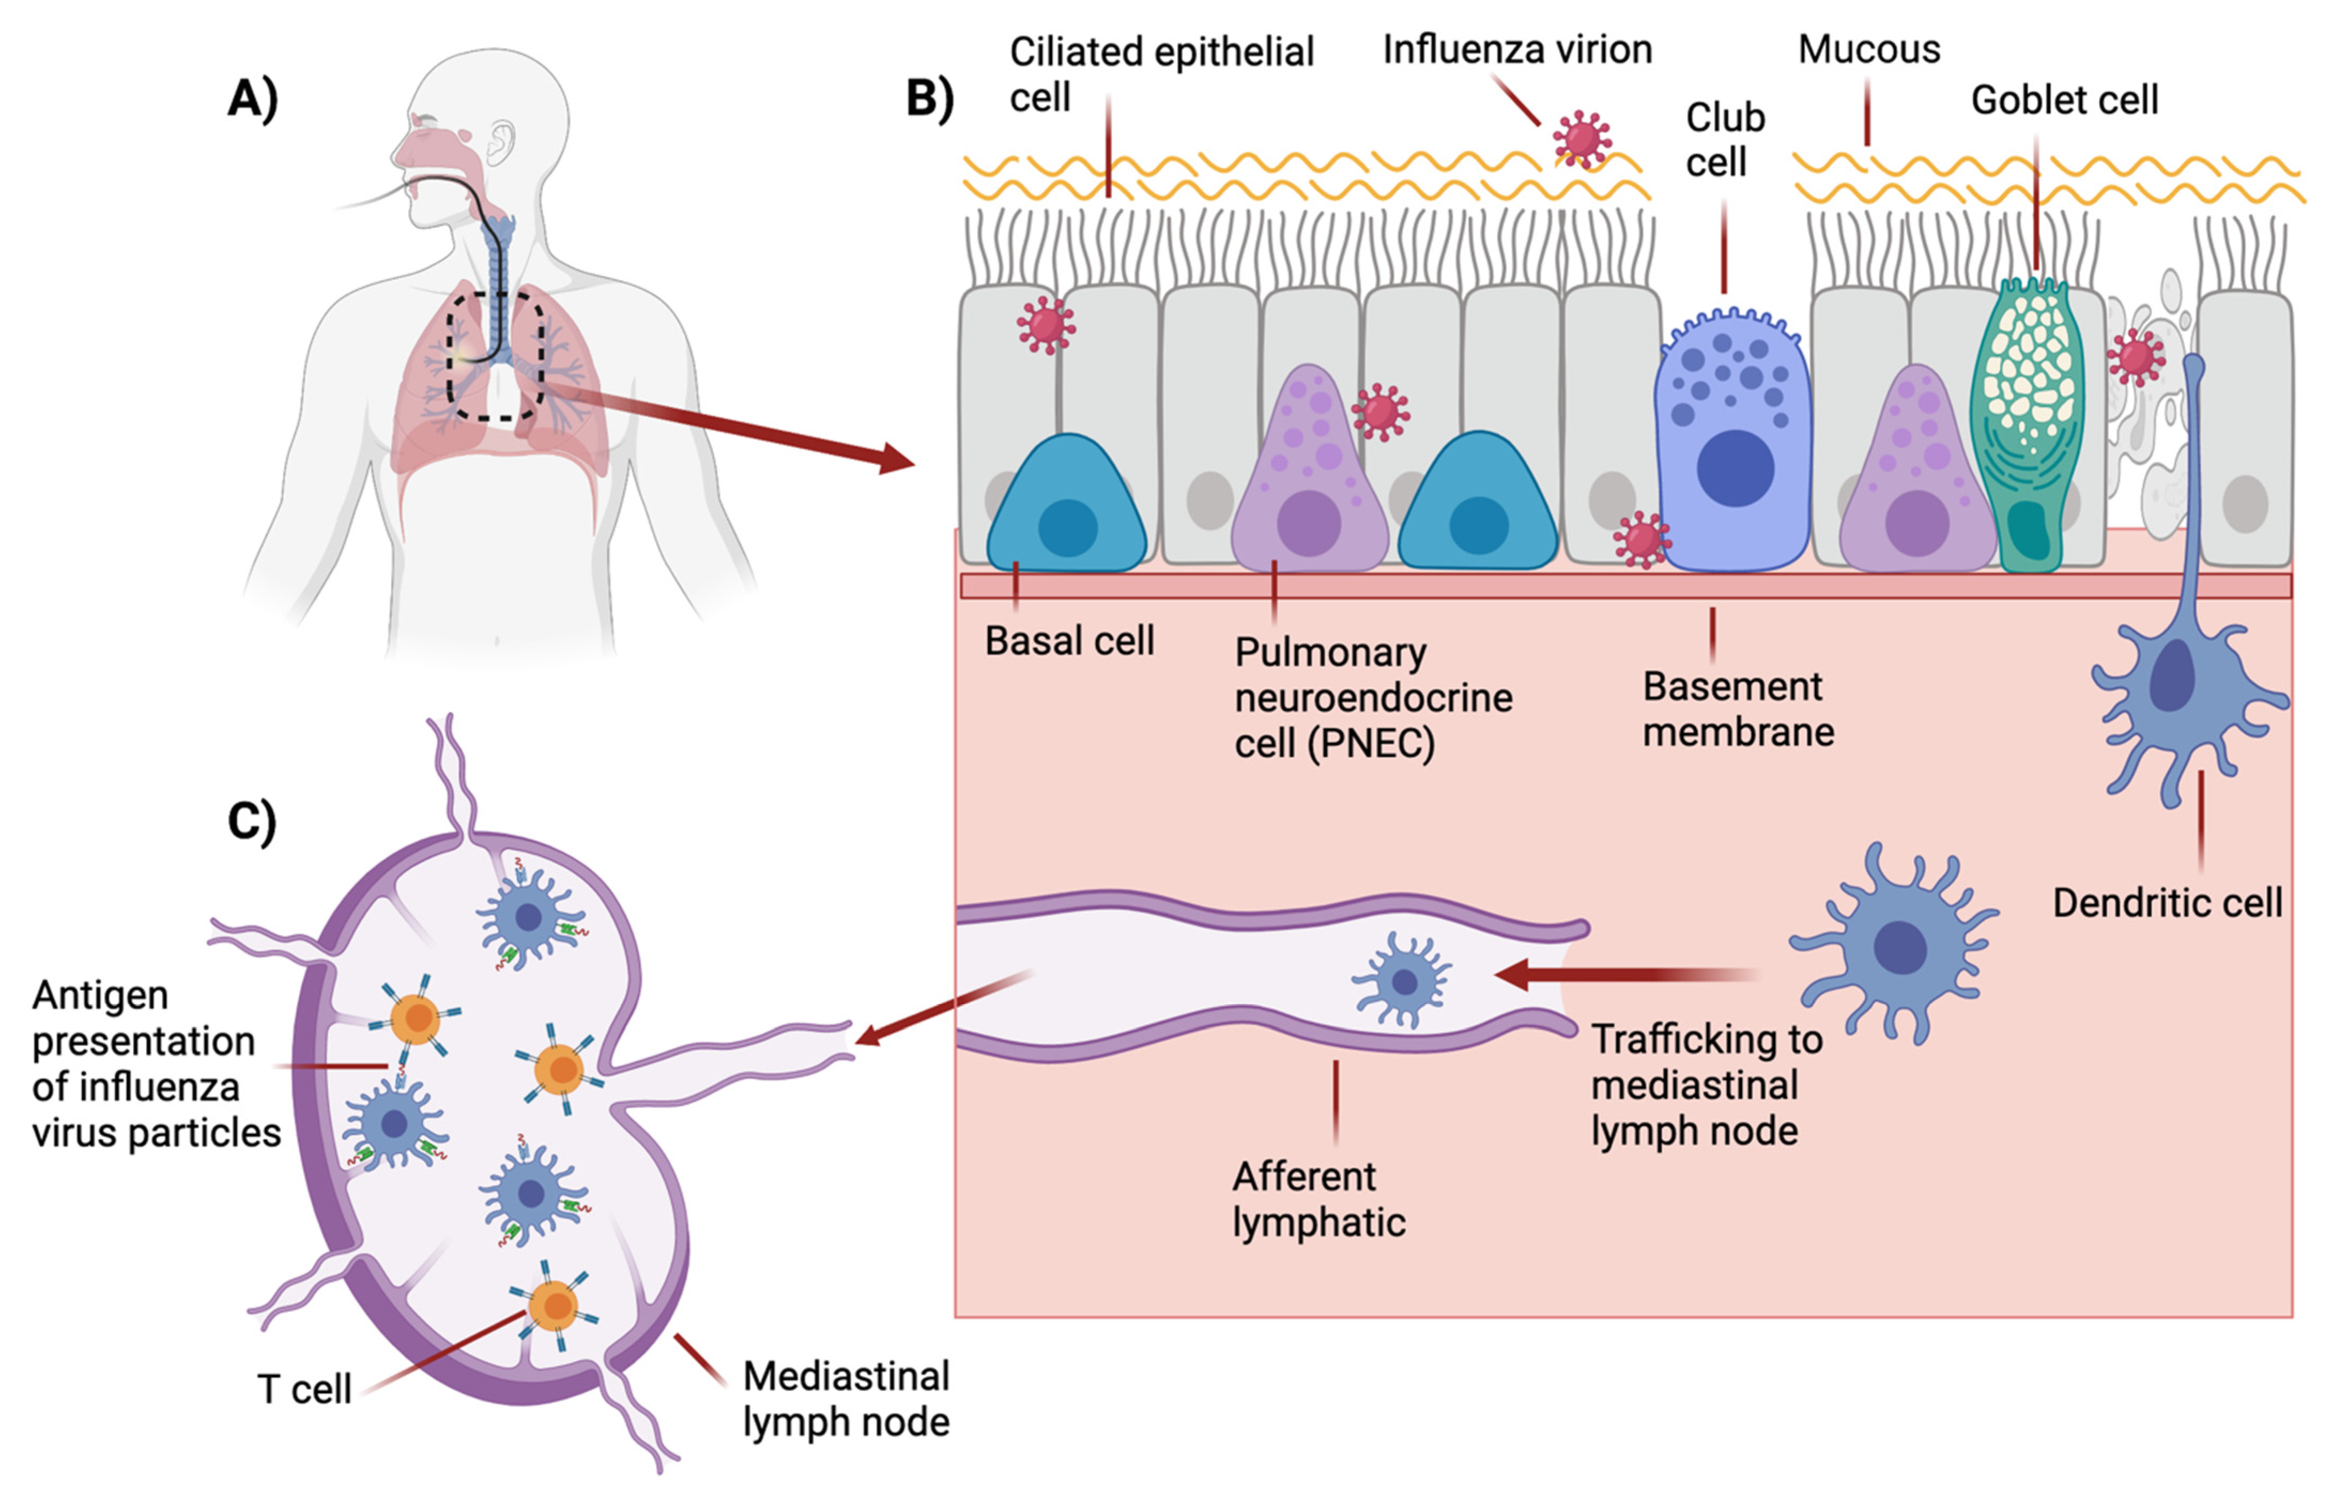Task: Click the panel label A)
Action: click(x=252, y=98)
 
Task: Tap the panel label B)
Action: click(x=929, y=98)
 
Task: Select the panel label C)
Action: click(x=252, y=820)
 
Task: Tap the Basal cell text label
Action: click(x=1069, y=641)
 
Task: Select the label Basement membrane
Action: click(x=1737, y=709)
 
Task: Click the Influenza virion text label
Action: click(x=1516, y=49)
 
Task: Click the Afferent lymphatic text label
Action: click(x=1318, y=1199)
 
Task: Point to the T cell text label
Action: click(x=304, y=1389)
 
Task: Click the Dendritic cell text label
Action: click(x=2167, y=902)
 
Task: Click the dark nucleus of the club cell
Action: click(x=1735, y=467)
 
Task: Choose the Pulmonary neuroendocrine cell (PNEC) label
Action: click(x=1372, y=697)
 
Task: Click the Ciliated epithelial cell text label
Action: click(x=1160, y=74)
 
